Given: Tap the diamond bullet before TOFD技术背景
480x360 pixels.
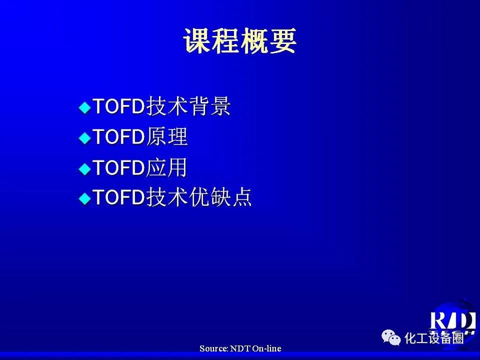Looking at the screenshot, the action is tap(85, 107).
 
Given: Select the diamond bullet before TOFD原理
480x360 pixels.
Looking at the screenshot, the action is tap(85, 138).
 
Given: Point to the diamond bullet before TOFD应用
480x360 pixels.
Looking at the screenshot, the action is tap(85, 168).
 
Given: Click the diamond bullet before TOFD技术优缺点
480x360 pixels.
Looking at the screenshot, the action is tap(85, 198).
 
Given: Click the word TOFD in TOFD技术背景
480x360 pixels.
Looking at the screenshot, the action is tap(119, 106).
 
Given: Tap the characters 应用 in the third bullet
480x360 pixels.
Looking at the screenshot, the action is tap(166, 167).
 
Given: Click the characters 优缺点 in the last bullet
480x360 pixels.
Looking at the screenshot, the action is tap(220, 197).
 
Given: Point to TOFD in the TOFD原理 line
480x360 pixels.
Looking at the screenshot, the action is tap(119, 136).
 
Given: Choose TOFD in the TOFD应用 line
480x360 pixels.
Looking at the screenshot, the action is tap(119, 167).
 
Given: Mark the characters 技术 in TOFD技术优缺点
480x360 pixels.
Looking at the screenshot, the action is tap(167, 197).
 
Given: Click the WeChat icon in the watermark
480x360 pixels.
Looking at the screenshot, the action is tap(391, 337).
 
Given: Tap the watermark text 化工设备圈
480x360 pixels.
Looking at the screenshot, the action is tap(434, 338).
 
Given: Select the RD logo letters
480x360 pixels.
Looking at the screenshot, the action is tap(452, 320).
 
